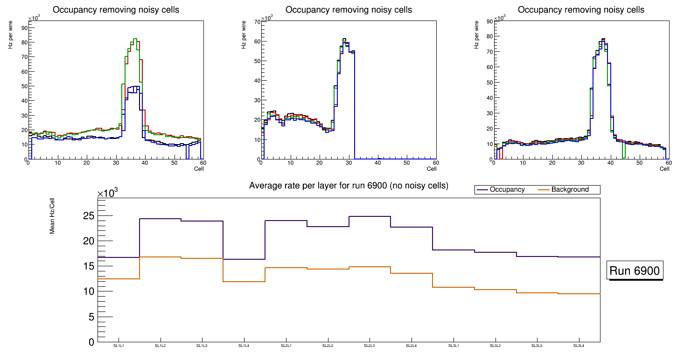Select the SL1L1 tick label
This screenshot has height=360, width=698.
coord(119,346)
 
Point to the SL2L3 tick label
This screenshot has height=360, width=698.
coord(370,346)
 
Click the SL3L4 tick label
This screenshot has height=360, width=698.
coord(579,346)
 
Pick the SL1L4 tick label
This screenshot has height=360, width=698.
coord(244,346)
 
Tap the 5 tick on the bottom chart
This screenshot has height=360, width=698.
coord(91,317)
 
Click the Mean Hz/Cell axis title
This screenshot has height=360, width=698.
coord(53,215)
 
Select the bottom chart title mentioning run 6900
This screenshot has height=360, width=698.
coord(349,186)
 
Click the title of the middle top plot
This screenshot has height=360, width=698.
coord(349,10)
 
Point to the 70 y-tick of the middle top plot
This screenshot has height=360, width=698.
coord(257,22)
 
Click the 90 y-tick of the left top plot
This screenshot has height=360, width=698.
coord(24,28)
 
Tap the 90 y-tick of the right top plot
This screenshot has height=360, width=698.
coord(490,21)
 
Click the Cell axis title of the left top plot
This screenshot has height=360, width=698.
coord(199,169)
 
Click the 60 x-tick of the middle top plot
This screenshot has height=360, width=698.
coord(435,163)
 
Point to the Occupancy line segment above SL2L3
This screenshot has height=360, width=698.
coord(370,216)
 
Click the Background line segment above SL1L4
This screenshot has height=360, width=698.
coord(244,282)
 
